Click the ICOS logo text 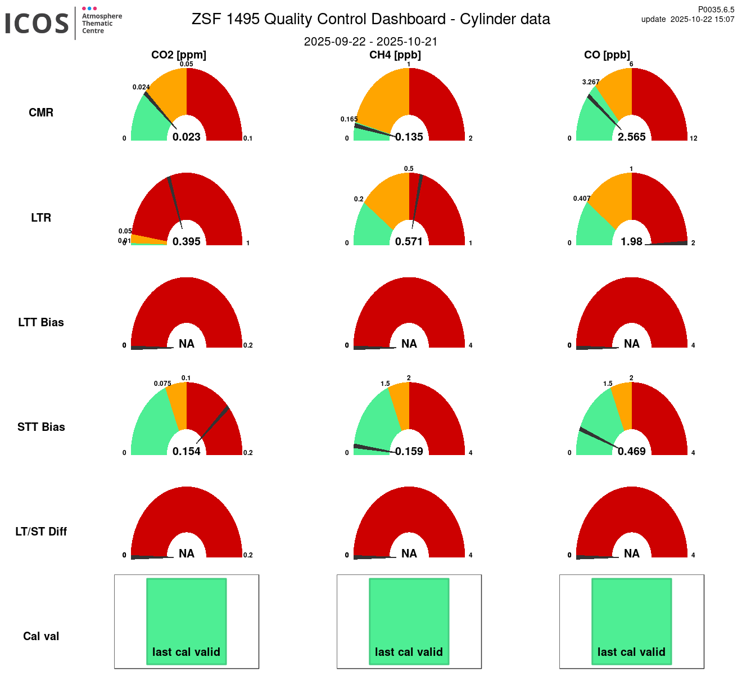[37, 24]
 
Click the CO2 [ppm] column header [179, 55]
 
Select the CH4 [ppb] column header [395, 55]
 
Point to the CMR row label [41, 112]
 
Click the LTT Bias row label [41, 322]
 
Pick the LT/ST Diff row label [41, 532]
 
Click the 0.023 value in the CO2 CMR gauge [187, 137]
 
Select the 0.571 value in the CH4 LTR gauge [409, 241]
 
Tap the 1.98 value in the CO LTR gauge [631, 241]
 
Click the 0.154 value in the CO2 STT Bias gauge [187, 451]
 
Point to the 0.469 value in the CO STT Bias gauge [632, 451]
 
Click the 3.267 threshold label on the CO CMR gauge [591, 82]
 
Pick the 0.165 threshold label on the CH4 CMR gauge [349, 119]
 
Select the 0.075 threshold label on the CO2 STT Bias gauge [162, 384]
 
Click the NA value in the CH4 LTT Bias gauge [409, 344]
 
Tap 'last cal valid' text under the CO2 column [187, 652]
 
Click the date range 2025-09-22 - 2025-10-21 [371, 42]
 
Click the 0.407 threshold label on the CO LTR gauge [582, 199]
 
